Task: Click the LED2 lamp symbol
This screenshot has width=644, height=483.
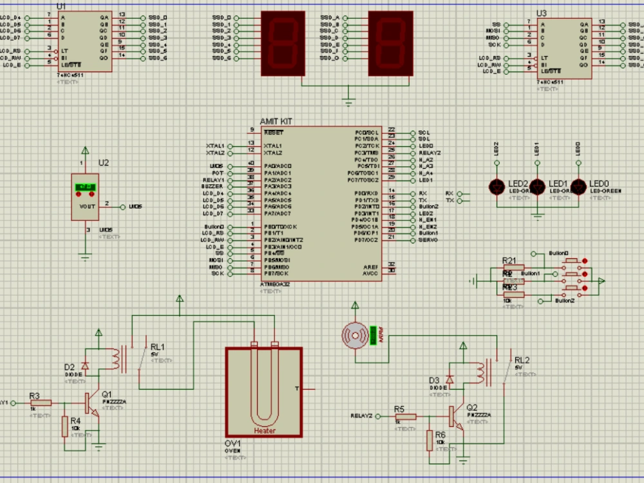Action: pos(497,187)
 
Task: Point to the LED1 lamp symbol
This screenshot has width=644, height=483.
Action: pos(538,187)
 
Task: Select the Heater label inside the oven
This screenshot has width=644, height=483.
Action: pos(264,430)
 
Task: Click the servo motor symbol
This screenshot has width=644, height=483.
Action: pos(355,336)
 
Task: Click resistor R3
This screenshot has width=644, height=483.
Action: pos(41,402)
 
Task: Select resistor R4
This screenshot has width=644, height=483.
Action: pos(64,426)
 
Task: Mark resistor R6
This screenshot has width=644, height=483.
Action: pos(429,441)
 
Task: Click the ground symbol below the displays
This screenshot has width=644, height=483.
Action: pos(348,101)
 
